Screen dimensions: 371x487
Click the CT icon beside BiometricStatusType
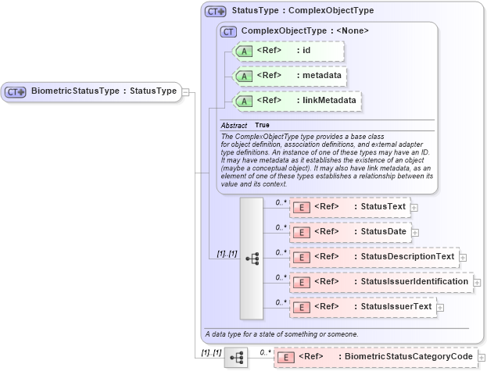(16, 91)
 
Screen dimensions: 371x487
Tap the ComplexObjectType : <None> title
(305, 30)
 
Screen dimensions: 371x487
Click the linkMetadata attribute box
(297, 101)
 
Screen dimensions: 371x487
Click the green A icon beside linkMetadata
(244, 101)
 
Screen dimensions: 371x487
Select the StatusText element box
(349, 207)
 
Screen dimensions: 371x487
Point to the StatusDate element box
(349, 232)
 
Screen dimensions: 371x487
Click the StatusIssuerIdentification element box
(381, 281)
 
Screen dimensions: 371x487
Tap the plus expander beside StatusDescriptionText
(463, 257)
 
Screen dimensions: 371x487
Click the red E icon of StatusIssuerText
(301, 307)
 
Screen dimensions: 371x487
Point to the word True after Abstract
(263, 125)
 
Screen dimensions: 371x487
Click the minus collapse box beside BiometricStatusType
(185, 91)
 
